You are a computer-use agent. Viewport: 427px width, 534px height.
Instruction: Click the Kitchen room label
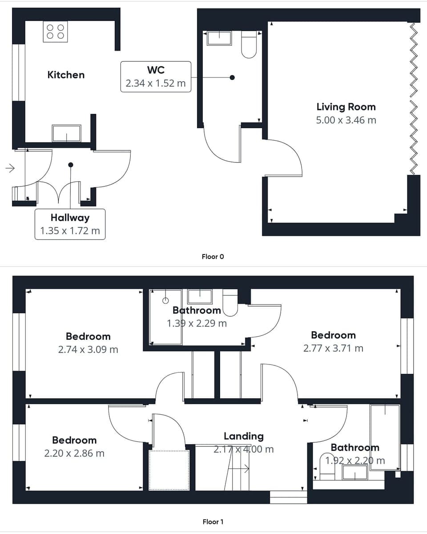click(x=66, y=75)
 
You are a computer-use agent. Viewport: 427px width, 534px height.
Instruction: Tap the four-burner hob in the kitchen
click(x=55, y=32)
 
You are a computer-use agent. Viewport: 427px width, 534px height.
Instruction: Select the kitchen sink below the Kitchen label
click(x=67, y=133)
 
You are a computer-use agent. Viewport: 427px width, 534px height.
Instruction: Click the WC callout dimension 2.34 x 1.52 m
click(x=156, y=83)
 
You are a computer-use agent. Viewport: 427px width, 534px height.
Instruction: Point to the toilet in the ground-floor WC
click(x=249, y=44)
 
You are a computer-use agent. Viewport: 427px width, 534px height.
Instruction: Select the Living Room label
click(x=346, y=107)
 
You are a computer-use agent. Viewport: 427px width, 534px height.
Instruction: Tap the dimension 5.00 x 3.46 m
click(x=346, y=120)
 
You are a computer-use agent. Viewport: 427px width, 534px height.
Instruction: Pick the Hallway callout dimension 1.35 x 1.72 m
click(x=70, y=231)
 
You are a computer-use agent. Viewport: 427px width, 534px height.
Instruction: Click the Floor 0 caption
click(x=213, y=256)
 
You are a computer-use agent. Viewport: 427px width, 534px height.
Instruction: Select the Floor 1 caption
click(x=213, y=522)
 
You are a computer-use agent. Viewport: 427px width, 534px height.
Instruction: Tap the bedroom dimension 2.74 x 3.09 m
click(x=88, y=349)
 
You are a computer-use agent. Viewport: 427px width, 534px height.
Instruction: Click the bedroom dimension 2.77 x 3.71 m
click(x=333, y=348)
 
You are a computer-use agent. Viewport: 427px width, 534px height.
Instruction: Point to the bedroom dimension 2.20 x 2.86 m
click(x=74, y=453)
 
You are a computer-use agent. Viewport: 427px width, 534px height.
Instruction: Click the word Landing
click(x=243, y=436)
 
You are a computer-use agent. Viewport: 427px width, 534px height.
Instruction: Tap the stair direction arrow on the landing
click(x=243, y=468)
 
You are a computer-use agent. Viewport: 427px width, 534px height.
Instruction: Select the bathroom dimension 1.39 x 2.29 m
click(x=197, y=324)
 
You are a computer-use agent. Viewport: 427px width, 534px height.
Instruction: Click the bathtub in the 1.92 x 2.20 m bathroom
click(x=385, y=437)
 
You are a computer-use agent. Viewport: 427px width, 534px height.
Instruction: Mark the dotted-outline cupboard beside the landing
click(x=169, y=470)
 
